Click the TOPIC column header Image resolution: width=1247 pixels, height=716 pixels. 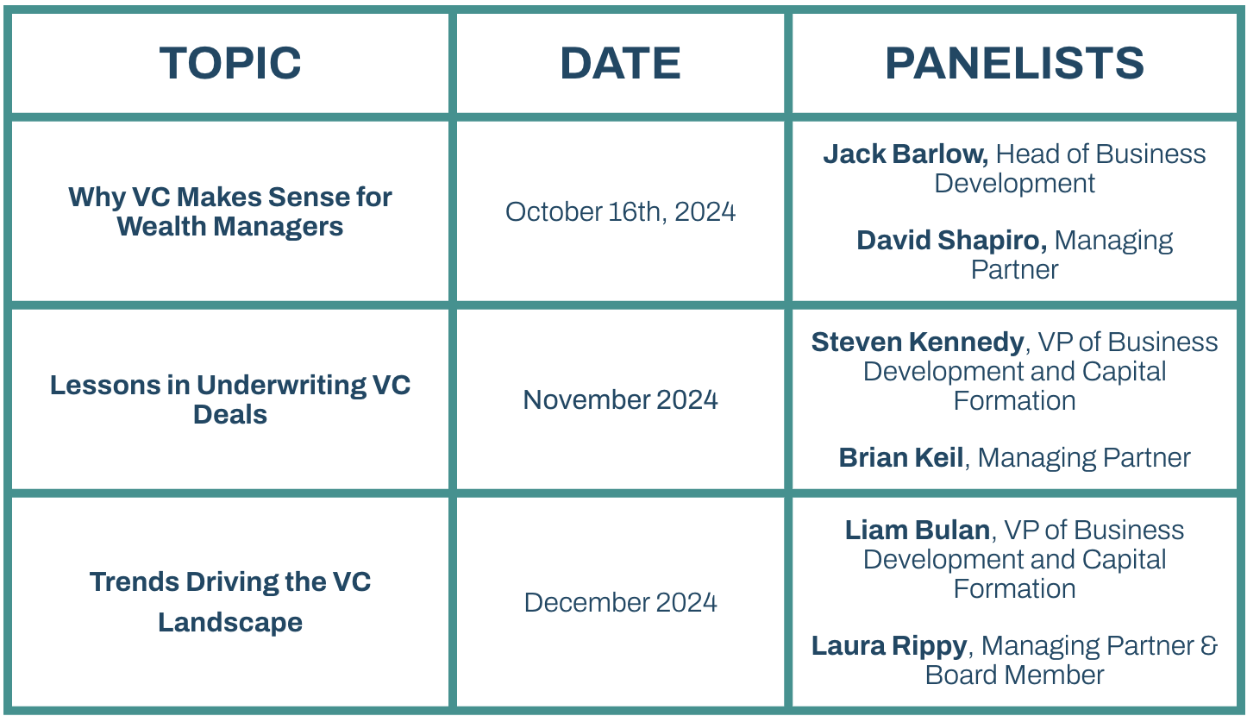230,63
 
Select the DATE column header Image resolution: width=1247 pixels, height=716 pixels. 620,63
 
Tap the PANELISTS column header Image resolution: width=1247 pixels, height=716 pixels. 1014,63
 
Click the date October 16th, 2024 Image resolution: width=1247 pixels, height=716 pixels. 620,212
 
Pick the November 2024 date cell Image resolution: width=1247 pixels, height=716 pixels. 620,399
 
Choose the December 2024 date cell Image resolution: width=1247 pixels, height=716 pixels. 620,602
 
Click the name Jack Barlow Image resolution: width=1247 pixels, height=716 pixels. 905,154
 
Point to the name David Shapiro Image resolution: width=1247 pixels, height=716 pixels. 951,241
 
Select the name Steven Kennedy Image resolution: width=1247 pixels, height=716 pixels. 918,342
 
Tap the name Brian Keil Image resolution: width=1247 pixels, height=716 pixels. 900,458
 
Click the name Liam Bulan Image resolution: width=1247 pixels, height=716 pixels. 918,530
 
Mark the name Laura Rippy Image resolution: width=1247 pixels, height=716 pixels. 889,646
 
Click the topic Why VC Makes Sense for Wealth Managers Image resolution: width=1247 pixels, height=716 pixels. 230,212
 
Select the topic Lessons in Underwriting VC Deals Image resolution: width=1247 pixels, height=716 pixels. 230,399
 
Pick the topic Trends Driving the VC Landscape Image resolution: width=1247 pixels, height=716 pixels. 230,602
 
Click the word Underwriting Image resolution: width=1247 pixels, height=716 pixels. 281,386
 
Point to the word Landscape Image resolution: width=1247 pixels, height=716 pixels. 230,623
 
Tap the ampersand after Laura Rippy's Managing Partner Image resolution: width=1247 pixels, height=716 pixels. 1208,646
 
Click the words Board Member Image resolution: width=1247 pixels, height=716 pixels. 1014,675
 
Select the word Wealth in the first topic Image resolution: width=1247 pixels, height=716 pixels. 161,227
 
